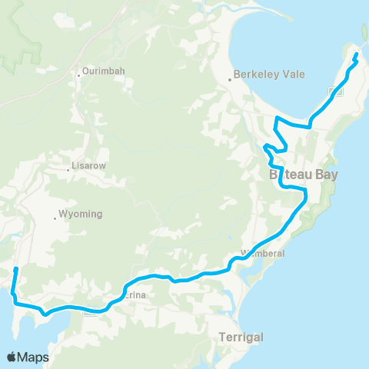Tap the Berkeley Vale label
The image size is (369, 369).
pyautogui.click(x=271, y=75)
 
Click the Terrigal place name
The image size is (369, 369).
pyautogui.click(x=241, y=337)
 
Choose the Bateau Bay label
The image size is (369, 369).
pyautogui.click(x=304, y=175)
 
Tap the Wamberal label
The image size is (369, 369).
pyautogui.click(x=263, y=253)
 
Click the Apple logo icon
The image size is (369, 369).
pyautogui.click(x=12, y=357)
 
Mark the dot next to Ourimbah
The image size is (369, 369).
pyautogui.click(x=79, y=75)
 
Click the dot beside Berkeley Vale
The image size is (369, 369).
pyautogui.click(x=230, y=79)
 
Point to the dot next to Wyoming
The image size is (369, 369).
pyautogui.click(x=55, y=218)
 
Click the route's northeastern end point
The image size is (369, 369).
pyautogui.click(x=356, y=56)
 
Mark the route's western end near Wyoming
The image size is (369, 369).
pyautogui.click(x=17, y=268)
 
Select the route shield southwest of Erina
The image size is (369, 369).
pyautogui.click(x=91, y=311)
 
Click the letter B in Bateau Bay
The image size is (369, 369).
pyautogui.click(x=274, y=175)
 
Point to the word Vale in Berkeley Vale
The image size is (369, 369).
pyautogui.click(x=293, y=75)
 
